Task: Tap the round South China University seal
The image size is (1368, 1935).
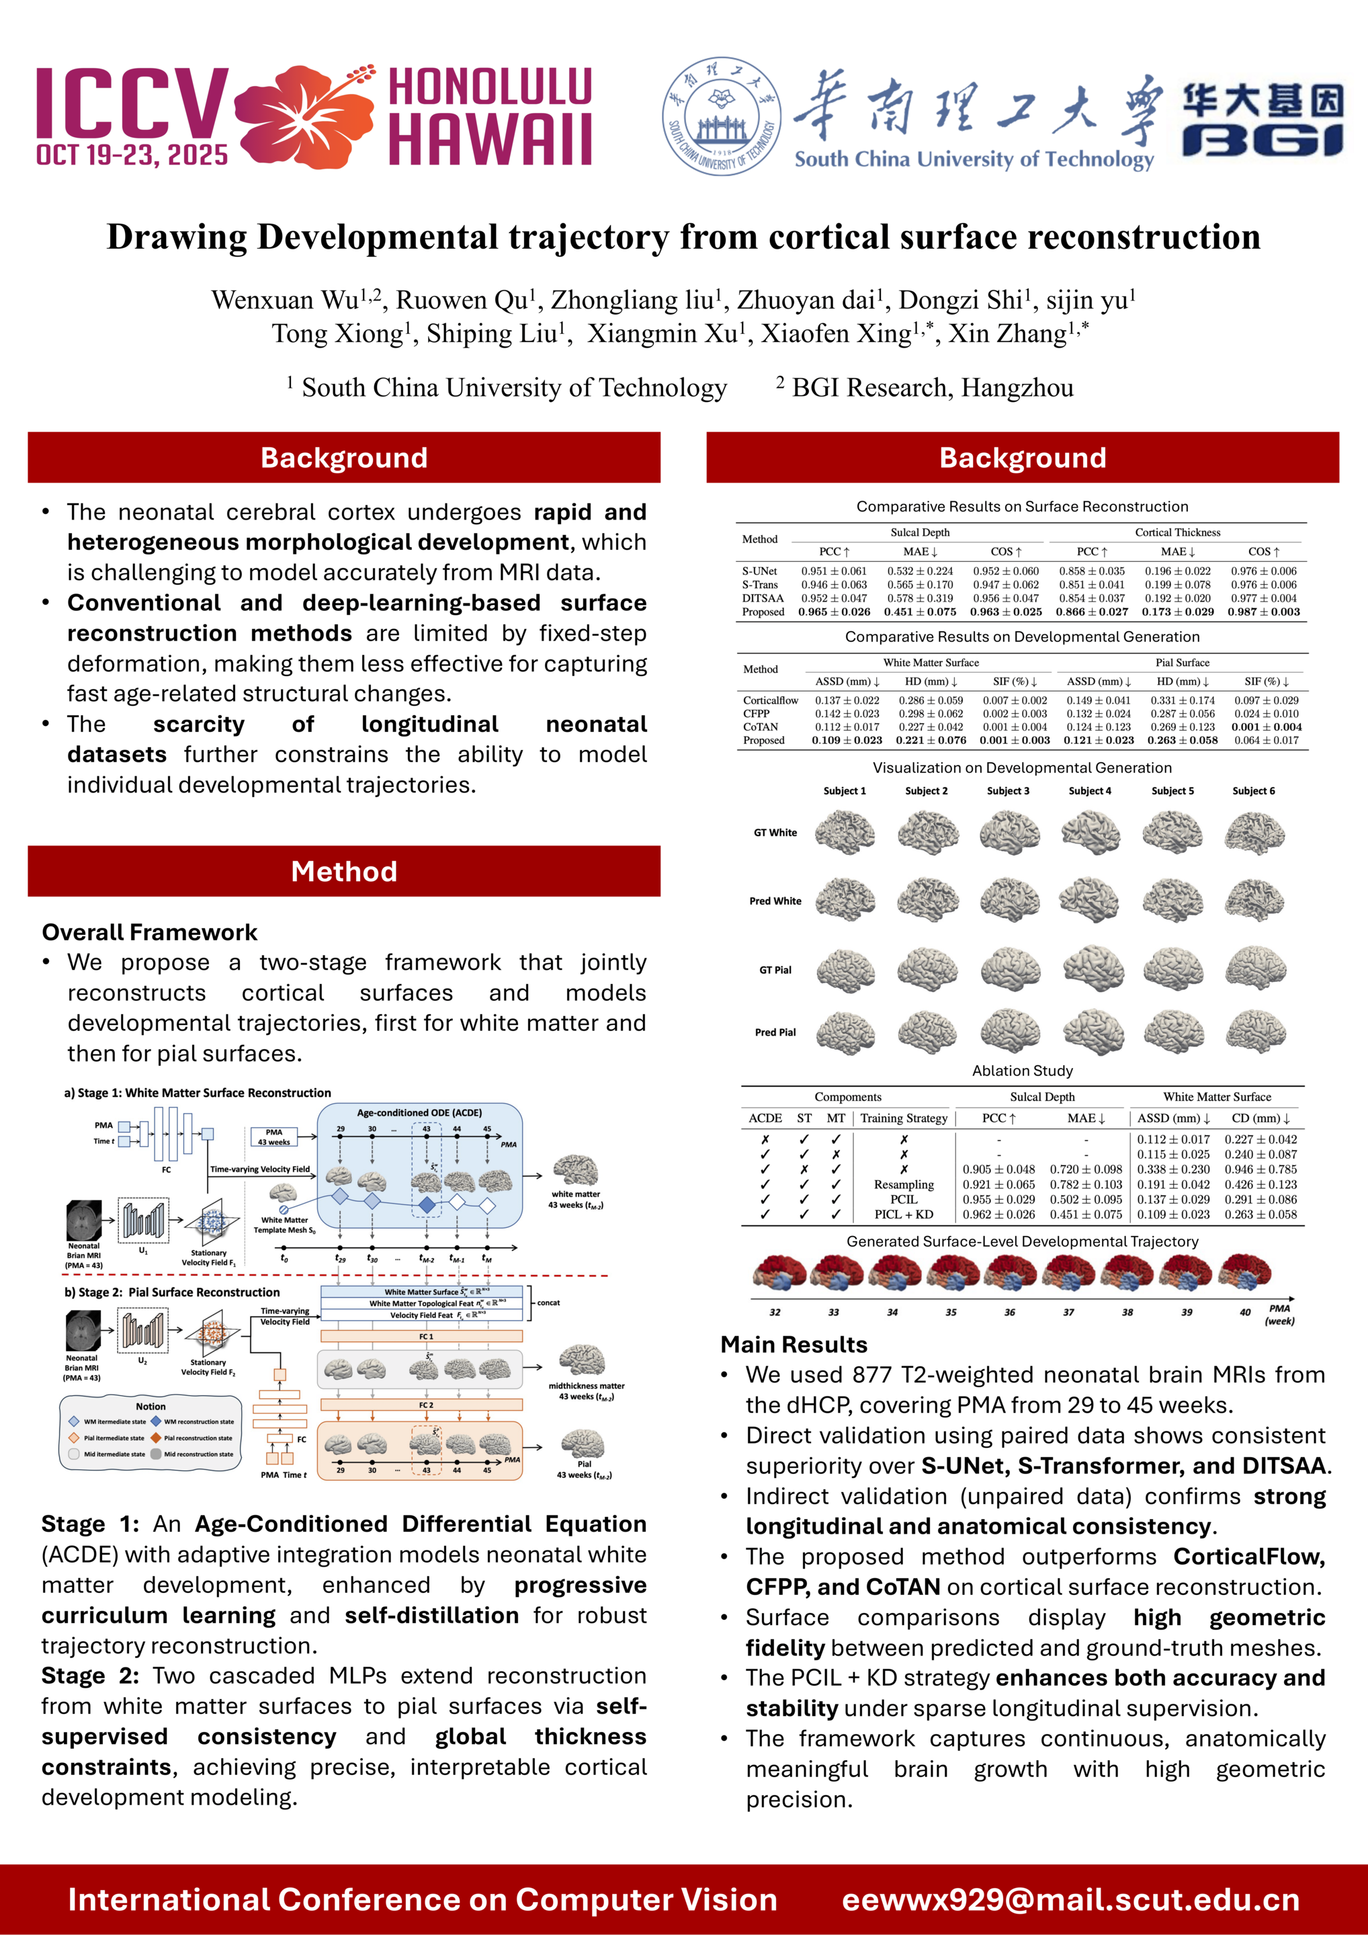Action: point(722,116)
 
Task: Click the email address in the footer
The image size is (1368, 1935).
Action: point(1070,1899)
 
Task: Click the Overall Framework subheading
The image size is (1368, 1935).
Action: point(150,932)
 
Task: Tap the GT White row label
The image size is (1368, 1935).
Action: point(775,833)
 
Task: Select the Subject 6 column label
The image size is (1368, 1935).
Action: point(1253,790)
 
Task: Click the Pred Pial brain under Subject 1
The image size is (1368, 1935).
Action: point(846,1032)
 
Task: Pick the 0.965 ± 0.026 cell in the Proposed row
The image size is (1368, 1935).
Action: point(834,612)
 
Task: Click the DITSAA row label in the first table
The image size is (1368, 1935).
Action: point(763,598)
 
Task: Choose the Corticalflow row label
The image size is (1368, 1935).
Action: point(771,700)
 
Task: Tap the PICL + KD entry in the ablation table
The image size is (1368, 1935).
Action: point(904,1214)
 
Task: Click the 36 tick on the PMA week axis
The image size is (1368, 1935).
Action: point(1009,1312)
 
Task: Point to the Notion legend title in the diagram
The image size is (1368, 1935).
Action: point(151,1407)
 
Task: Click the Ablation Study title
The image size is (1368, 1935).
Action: point(1023,1070)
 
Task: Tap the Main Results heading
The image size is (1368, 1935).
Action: point(794,1344)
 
